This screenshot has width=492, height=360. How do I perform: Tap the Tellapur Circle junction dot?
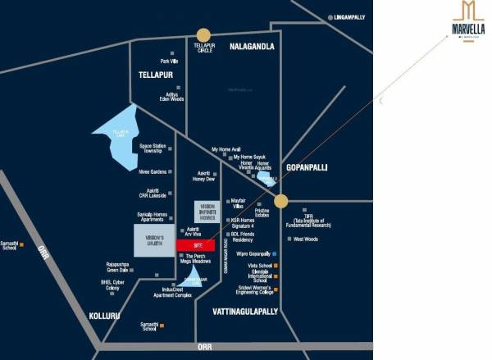tap(203, 34)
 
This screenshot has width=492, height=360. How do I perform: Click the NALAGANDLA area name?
tap(252, 47)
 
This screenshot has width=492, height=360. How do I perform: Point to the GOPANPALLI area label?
tap(306, 166)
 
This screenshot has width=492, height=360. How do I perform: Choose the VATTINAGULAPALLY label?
tap(245, 312)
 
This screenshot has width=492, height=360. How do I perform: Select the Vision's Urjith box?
tap(154, 243)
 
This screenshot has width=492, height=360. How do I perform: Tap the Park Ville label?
tap(169, 62)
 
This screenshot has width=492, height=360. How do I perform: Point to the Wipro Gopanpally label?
tap(253, 255)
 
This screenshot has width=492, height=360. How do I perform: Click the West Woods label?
tap(305, 239)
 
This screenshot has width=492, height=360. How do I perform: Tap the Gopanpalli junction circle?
tap(280, 200)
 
